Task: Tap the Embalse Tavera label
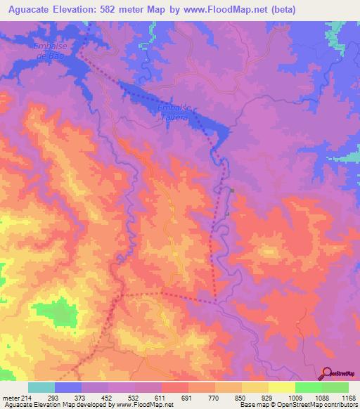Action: click(173, 112)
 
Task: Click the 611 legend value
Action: click(162, 397)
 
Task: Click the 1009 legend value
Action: click(295, 397)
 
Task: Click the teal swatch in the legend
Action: click(41, 387)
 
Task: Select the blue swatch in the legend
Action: click(68, 387)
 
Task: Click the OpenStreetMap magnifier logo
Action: click(326, 374)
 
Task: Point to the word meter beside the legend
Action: click(11, 397)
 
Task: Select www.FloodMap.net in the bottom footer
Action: click(143, 405)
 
